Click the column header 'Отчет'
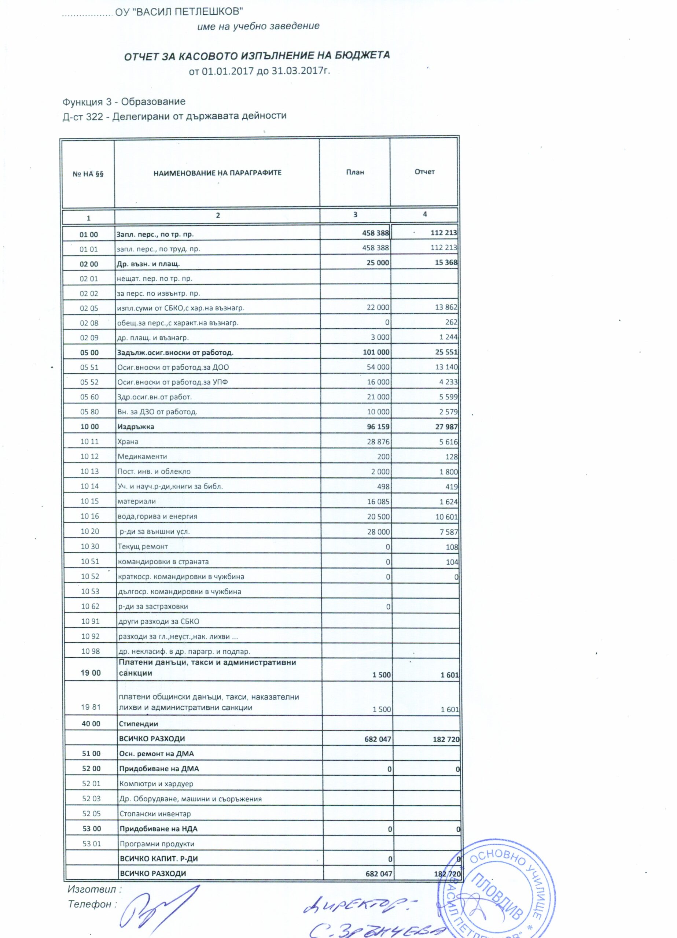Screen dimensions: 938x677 (424, 171)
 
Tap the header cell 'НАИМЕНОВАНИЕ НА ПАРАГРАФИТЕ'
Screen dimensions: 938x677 (217, 173)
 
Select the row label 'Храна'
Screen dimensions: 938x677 (128, 442)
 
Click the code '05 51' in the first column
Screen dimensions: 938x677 (89, 367)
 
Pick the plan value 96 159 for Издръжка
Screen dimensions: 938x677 (378, 427)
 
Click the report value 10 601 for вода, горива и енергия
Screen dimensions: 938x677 (446, 517)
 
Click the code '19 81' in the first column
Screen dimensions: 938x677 (91, 707)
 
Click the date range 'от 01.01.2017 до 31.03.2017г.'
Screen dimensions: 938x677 (260, 71)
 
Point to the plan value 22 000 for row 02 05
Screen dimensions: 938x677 (378, 308)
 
